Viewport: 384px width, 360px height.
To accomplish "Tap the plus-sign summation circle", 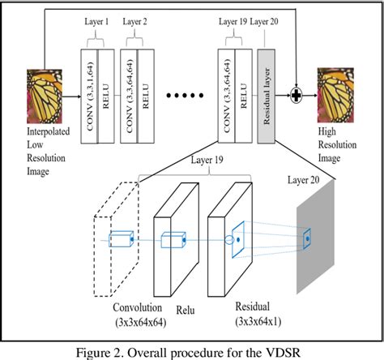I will pos(297,96).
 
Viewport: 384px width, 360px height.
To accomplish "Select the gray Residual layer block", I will pos(267,95).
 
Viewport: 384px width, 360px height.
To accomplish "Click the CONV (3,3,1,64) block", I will pos(90,95).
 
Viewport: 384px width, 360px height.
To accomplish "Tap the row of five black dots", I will pos(186,95).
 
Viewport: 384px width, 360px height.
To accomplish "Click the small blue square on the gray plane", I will pos(307,238).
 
